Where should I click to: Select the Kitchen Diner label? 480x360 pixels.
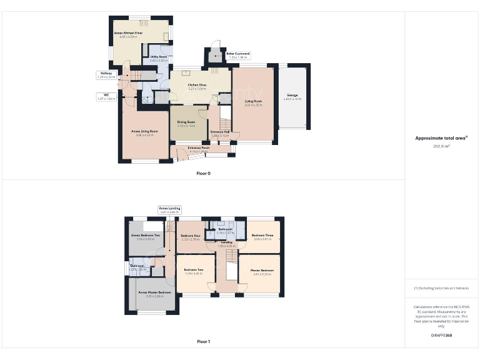click(x=197, y=87)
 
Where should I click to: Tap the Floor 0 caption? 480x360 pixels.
click(x=203, y=172)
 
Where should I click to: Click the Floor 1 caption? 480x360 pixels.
click(x=203, y=342)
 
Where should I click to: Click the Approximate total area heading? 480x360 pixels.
click(x=441, y=139)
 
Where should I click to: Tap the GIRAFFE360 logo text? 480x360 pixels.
click(x=441, y=336)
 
